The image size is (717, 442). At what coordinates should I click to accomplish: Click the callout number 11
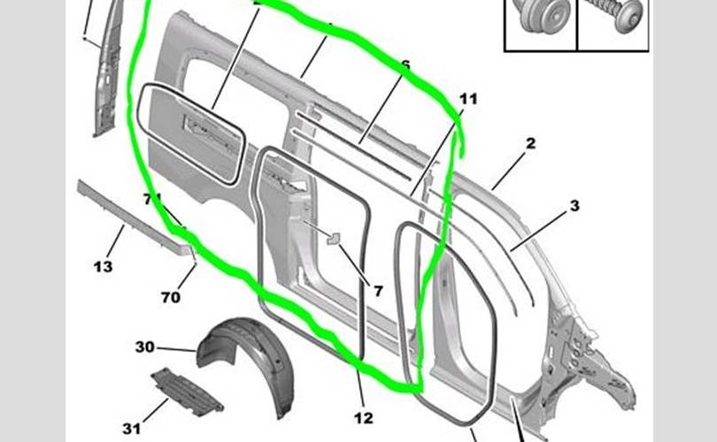[468, 99]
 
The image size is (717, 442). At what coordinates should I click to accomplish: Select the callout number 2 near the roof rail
[531, 143]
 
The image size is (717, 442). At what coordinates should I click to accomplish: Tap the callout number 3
[574, 206]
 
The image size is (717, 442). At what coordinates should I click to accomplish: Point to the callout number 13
[104, 266]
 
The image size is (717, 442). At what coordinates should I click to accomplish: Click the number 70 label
[171, 297]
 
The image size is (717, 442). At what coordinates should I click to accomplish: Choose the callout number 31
[132, 429]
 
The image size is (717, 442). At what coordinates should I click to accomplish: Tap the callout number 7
[378, 290]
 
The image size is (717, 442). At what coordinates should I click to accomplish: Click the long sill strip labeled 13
[133, 212]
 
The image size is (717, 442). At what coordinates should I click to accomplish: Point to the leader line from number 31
[156, 409]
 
